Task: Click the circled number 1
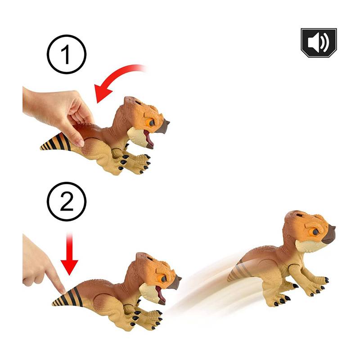[67, 54]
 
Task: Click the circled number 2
[67, 202]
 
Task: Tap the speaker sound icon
[319, 43]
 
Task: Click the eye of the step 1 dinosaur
[151, 123]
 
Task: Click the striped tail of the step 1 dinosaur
[56, 142]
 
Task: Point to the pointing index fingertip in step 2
[62, 290]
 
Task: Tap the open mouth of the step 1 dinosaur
[148, 138]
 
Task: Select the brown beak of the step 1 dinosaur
[162, 127]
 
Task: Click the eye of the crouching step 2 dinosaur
[163, 279]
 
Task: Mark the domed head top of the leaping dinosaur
[296, 217]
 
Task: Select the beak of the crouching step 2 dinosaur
[175, 283]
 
